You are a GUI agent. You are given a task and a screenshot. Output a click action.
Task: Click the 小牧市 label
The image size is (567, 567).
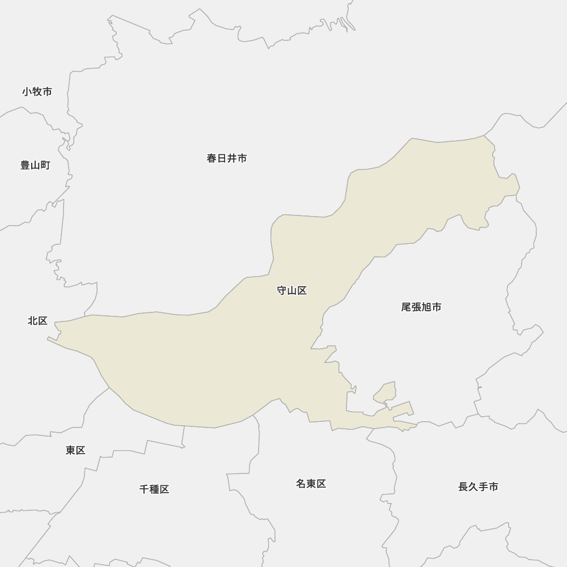pyautogui.click(x=37, y=91)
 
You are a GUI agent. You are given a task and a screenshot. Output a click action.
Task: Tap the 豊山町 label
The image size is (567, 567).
pyautogui.click(x=35, y=165)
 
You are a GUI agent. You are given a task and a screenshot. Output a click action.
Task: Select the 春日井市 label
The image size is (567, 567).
pyautogui.click(x=227, y=158)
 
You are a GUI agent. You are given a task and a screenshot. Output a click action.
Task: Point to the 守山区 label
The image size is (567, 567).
pyautogui.click(x=291, y=290)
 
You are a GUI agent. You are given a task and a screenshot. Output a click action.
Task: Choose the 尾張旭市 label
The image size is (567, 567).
pyautogui.click(x=421, y=307)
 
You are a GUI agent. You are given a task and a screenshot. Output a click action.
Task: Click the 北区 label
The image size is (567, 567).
pyautogui.click(x=37, y=320)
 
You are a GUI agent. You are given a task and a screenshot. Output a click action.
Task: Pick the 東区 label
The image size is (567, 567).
pyautogui.click(x=75, y=450)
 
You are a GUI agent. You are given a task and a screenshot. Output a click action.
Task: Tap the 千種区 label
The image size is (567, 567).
pyautogui.click(x=154, y=489)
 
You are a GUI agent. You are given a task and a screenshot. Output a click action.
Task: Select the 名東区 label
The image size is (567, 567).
pyautogui.click(x=311, y=484)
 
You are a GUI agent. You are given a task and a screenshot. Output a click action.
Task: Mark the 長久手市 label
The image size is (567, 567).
pyautogui.click(x=478, y=486)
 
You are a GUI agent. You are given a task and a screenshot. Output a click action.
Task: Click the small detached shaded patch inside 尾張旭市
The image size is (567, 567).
pyautogui.click(x=386, y=393)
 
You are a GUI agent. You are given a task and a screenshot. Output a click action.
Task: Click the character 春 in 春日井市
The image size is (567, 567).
pyautogui.click(x=212, y=158)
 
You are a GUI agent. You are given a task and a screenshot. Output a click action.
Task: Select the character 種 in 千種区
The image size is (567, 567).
pyautogui.click(x=154, y=489)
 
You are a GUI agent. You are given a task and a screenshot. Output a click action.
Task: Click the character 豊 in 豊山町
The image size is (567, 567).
pyautogui.click(x=26, y=165)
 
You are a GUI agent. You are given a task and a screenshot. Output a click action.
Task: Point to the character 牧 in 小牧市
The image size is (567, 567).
pyautogui.click(x=37, y=91)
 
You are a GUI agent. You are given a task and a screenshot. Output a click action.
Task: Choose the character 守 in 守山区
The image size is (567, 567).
pyautogui.click(x=282, y=290)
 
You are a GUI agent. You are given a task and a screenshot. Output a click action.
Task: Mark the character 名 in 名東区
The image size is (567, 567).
pyautogui.click(x=301, y=484)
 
